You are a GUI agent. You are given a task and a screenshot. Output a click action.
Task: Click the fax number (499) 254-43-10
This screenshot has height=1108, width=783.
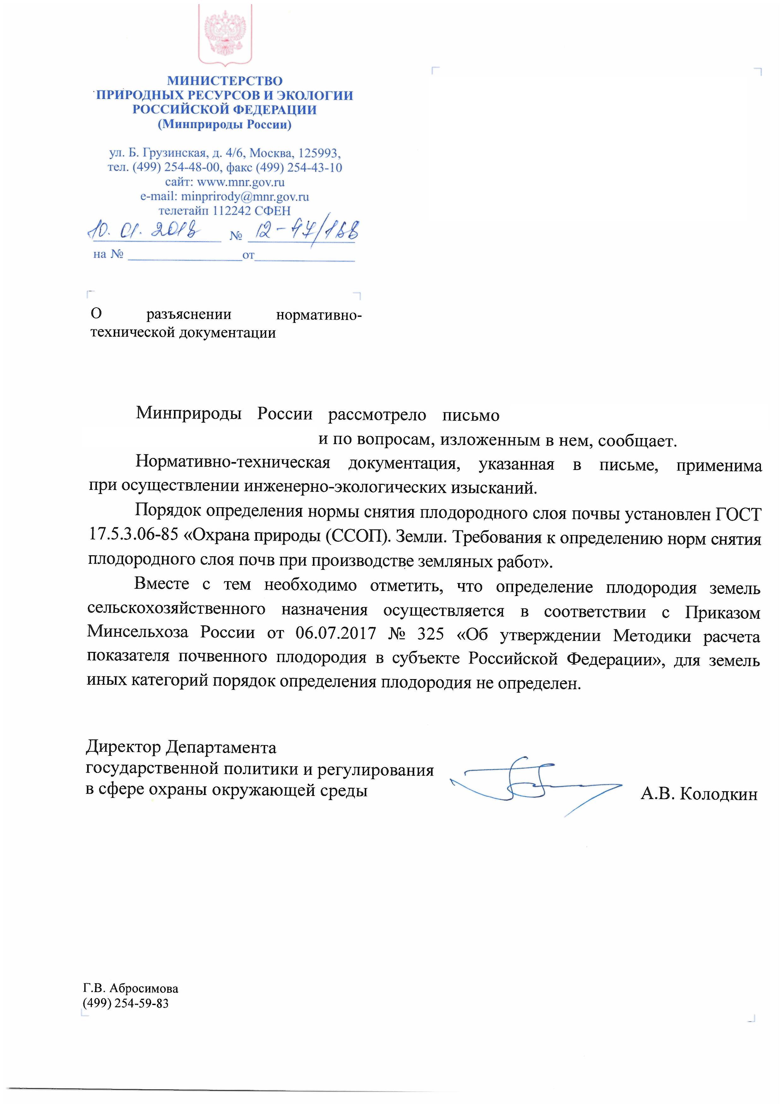click(x=299, y=168)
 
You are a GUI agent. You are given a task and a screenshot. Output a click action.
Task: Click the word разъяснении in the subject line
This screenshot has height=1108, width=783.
click(x=188, y=315)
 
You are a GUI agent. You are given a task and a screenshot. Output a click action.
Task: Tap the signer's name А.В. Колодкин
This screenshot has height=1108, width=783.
click(x=699, y=794)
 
